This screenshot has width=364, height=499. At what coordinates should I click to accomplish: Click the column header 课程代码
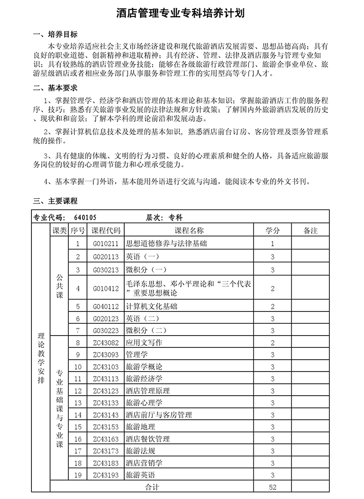pos(106,231)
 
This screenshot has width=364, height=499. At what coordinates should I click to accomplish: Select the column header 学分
pos(272,231)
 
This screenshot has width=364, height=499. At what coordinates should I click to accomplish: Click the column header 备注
pos(310,231)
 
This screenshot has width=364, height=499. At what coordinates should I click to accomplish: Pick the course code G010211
pos(106,244)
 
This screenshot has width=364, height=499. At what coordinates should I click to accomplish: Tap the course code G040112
pos(106,306)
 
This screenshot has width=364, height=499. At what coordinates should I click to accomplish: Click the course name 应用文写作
pos(144,342)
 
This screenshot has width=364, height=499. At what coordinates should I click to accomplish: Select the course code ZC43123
pos(106,391)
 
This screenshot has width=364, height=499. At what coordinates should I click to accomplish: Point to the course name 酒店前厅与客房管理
pos(159,415)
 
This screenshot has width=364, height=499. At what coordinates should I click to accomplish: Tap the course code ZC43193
pos(106,475)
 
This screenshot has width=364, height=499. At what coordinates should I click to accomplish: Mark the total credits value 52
pos(272,487)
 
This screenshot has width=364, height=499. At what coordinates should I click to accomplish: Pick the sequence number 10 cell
pos(77,367)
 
